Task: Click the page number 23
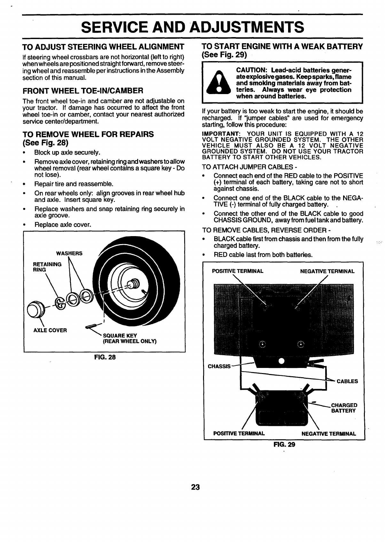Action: point(195,487)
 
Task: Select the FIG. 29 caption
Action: point(284,445)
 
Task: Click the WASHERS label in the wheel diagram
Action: point(69,253)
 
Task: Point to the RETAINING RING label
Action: point(47,267)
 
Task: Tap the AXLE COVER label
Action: point(50,331)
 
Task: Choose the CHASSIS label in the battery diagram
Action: point(219,366)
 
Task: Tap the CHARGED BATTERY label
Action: point(344,408)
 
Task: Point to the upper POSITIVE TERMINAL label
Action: point(238,271)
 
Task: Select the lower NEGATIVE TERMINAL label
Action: point(329,434)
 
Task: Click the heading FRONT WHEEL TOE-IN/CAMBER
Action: point(82,91)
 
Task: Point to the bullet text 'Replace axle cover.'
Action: point(63,225)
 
